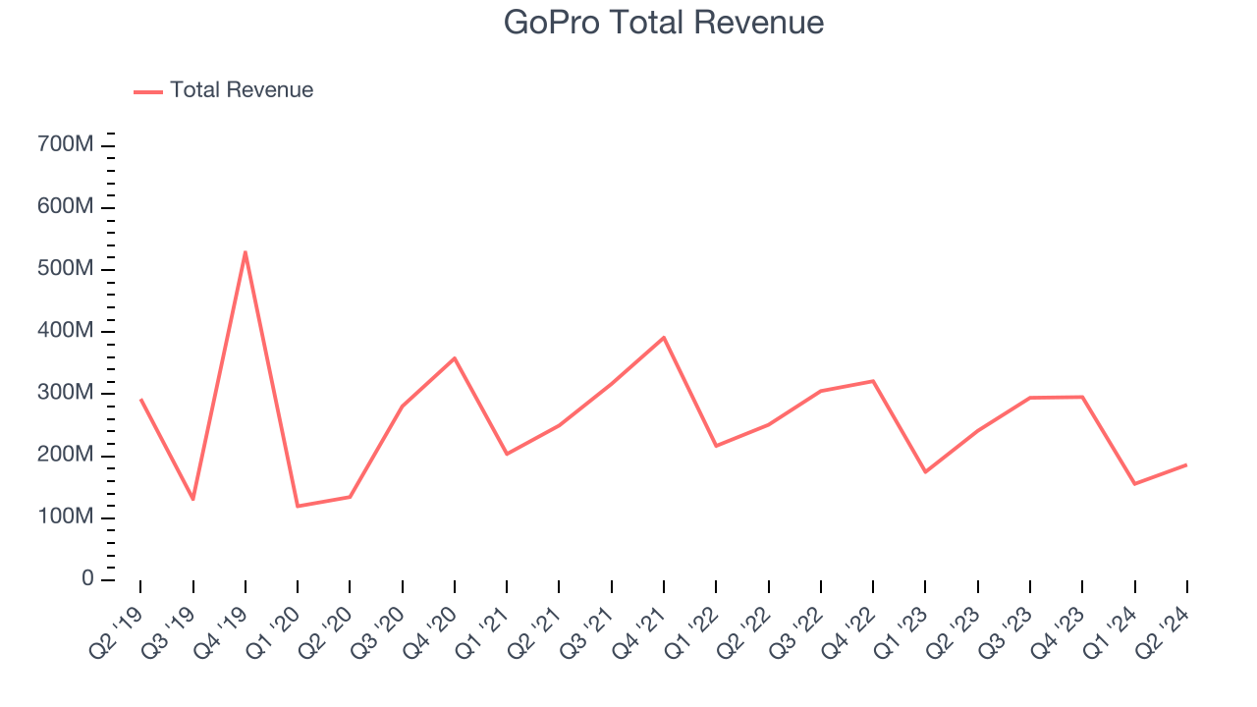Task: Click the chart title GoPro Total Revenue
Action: (664, 22)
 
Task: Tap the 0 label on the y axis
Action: (87, 579)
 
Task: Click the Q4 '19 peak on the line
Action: (246, 252)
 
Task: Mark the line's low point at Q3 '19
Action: (192, 499)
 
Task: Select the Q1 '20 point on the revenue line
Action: (298, 506)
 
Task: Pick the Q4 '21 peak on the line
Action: (664, 338)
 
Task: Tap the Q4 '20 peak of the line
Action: (455, 358)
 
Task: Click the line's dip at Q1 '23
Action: (925, 471)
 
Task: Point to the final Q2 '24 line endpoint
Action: (1186, 464)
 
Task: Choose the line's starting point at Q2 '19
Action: (140, 400)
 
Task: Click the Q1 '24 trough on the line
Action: (1134, 483)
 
